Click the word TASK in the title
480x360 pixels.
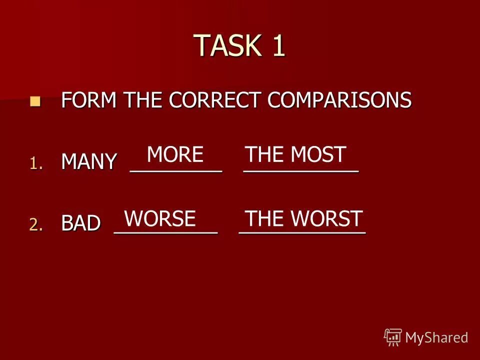point(227,45)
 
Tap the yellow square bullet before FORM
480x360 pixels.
point(34,101)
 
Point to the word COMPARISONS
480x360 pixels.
point(339,100)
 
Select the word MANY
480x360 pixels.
point(89,162)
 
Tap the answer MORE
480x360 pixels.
point(175,154)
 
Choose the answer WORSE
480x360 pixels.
point(159,218)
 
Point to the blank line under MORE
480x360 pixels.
point(175,171)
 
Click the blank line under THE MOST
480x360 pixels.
point(300,171)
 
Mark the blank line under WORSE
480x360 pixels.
point(166,233)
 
